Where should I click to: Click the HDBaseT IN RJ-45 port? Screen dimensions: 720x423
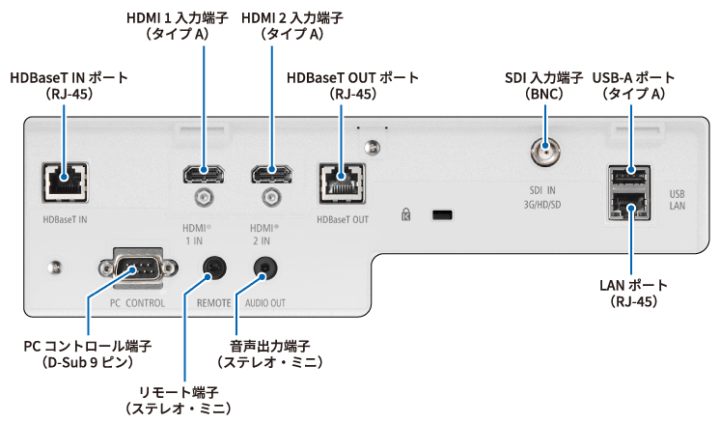coord(65,183)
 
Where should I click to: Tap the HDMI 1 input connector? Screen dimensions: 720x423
coord(204,175)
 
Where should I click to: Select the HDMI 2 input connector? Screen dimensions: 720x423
coord(271,175)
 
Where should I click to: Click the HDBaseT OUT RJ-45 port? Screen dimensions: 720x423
coord(342,183)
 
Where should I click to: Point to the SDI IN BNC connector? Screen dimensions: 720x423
coord(545,152)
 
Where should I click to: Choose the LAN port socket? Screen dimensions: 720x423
coord(630,205)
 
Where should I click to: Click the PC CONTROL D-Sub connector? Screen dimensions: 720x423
coord(137,268)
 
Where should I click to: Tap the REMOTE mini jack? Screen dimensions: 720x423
coord(214,268)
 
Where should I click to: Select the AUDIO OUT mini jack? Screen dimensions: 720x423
coord(265,268)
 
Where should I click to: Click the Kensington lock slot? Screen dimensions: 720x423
coord(442,214)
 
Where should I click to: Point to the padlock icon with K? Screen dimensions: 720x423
coord(406,214)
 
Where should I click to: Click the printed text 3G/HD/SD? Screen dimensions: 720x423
coord(542,205)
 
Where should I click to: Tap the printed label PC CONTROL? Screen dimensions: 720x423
coord(137,303)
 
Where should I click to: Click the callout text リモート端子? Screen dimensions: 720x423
coord(179,393)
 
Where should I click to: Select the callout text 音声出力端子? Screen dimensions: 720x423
coord(270,346)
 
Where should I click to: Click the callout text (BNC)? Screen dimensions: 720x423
coord(544,94)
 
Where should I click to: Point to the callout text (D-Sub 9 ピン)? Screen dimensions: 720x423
coord(87,362)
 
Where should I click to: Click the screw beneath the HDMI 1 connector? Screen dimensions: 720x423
coord(203,198)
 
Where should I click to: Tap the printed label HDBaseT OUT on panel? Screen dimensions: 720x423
coord(343,219)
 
